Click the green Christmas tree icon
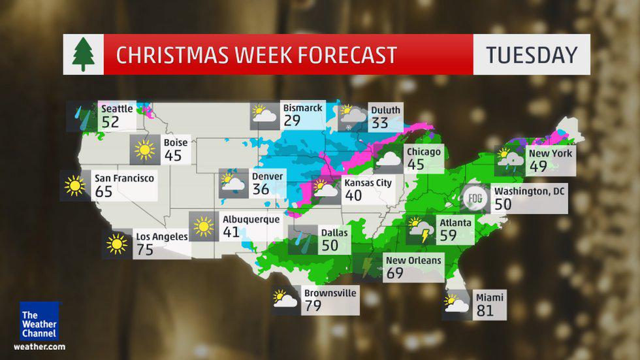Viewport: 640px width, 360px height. (83, 55)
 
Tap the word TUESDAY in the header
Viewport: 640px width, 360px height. (532, 55)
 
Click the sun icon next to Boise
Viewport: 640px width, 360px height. (144, 150)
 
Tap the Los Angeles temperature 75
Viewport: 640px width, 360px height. (144, 249)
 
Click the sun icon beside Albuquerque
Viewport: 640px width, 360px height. (204, 227)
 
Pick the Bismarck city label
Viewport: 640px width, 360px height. (302, 108)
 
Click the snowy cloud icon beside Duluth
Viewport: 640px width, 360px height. (352, 117)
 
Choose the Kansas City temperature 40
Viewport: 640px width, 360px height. (353, 195)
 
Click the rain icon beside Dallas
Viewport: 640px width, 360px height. (302, 239)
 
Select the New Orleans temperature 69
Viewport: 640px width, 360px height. (394, 273)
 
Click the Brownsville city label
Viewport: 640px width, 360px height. (330, 293)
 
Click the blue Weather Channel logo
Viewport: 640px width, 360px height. (39, 321)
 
